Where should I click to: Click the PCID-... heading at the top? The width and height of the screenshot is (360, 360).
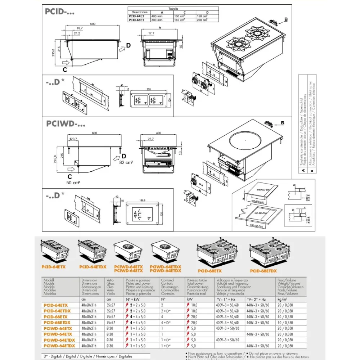point(59,12)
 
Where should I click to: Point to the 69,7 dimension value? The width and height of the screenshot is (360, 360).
point(80,28)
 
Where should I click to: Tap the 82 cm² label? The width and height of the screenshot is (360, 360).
point(126,163)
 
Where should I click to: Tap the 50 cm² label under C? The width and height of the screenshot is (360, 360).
point(73,183)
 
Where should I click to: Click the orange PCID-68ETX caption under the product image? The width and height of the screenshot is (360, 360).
point(210,270)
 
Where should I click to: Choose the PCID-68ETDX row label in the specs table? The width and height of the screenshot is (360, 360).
point(57,323)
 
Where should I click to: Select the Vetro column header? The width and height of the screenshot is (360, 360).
point(110,280)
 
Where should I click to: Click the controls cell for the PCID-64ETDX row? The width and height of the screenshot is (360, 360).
point(166,311)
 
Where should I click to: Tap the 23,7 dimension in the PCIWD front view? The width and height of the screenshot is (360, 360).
point(150,139)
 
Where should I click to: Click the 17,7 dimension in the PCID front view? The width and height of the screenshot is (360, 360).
point(151,33)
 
